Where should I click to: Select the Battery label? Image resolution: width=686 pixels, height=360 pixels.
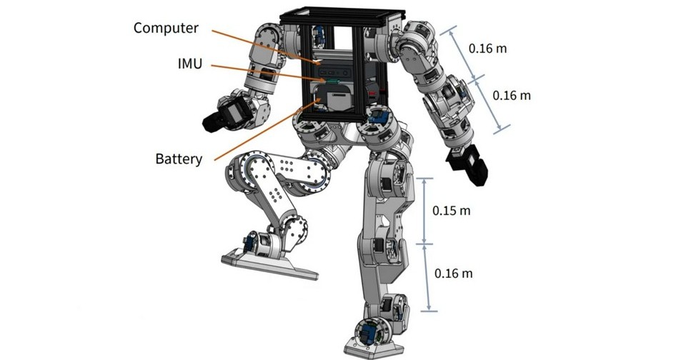tap(178, 158)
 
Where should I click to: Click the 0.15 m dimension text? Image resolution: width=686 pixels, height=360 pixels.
tap(452, 211)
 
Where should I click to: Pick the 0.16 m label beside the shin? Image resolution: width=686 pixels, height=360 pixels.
tap(453, 274)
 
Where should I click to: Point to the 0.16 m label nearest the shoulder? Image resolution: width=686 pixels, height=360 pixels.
tap(487, 49)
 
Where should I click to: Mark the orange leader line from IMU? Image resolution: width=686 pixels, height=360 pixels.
tap(264, 74)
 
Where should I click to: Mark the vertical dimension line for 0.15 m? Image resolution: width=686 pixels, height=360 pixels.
tap(425, 211)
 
